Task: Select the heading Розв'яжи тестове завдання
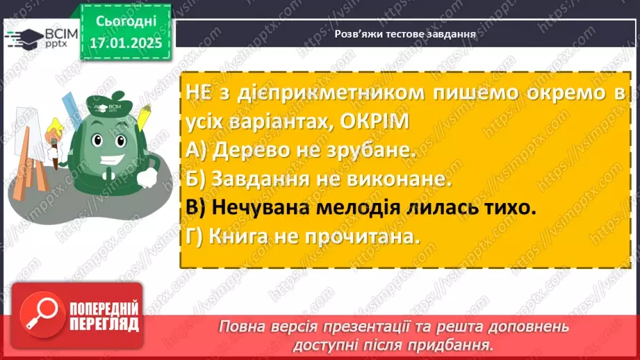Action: pyautogui.click(x=404, y=33)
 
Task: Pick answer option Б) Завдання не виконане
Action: pyautogui.click(x=320, y=179)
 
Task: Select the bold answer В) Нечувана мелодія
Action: pyautogui.click(x=361, y=208)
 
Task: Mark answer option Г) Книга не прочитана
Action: pyautogui.click(x=304, y=236)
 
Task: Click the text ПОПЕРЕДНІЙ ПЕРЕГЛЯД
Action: pyautogui.click(x=104, y=316)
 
